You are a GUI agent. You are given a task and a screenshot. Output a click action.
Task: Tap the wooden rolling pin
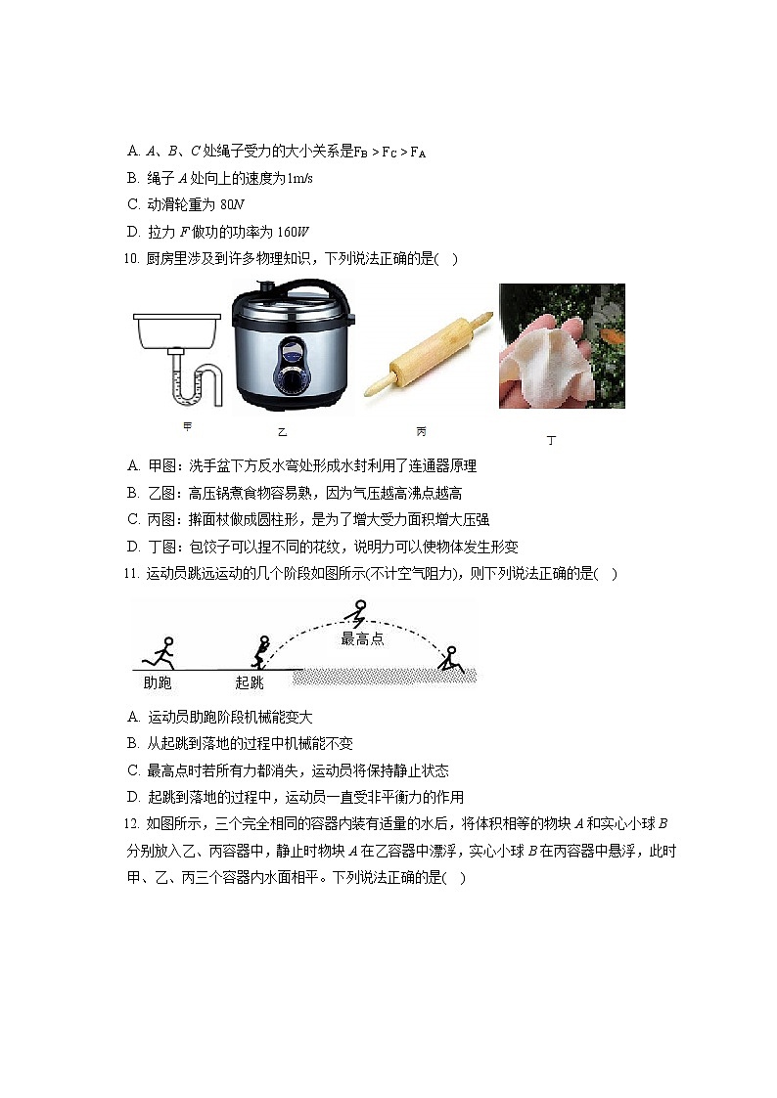click(427, 355)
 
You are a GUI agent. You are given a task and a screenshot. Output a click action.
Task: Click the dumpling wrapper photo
click(561, 346)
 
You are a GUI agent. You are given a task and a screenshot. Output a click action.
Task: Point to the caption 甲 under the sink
click(187, 426)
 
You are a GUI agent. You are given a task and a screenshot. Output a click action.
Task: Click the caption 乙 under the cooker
click(282, 431)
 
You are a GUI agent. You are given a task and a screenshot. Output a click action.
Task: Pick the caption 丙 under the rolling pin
click(421, 431)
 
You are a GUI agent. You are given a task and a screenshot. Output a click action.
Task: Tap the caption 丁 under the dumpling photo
click(551, 441)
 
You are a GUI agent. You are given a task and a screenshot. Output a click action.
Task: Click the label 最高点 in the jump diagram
click(362, 639)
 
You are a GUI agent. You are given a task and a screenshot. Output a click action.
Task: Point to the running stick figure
click(160, 651)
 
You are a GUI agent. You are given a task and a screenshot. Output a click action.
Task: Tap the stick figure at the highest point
click(355, 615)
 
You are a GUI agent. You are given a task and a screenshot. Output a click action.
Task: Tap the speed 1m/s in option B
click(297, 179)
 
